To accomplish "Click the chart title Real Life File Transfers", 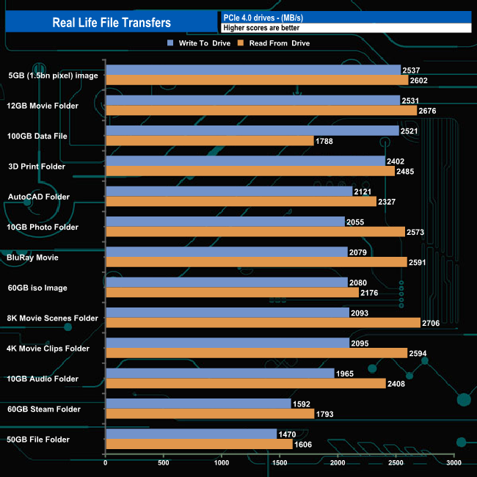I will coord(112,22).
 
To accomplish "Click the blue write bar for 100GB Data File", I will coord(252,131).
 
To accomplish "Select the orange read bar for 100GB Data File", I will coord(210,141).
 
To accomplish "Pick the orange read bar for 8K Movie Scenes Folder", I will coord(263,323).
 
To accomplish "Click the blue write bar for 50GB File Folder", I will coord(192,434).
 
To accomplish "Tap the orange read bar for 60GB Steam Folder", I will coord(210,414).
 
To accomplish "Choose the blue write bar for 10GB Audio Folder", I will coord(220,374).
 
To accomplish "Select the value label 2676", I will coord(427,111).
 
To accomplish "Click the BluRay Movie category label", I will coord(33,258).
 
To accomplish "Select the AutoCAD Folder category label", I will coord(38,197).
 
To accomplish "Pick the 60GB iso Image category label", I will coord(37,288).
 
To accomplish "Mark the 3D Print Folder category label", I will coord(37,167).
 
